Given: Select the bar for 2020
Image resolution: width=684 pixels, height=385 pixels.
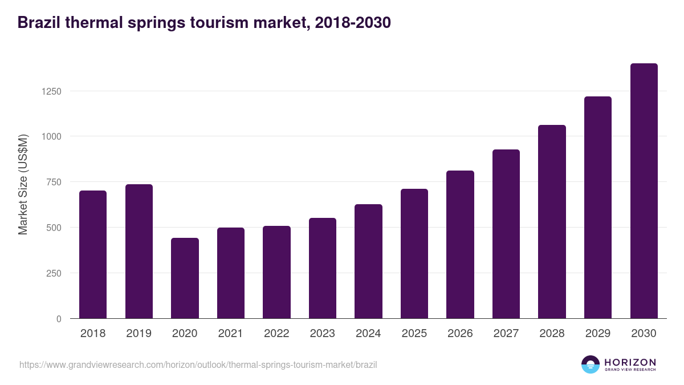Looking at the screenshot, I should (x=185, y=278).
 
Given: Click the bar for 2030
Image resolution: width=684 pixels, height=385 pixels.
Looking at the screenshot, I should (x=644, y=191).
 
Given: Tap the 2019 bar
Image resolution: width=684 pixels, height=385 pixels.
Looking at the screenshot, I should (x=139, y=252).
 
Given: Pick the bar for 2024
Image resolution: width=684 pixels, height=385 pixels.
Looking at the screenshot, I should (x=368, y=261).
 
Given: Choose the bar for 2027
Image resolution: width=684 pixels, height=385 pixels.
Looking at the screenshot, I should (x=506, y=234).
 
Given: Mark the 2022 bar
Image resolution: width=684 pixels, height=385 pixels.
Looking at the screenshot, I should (x=276, y=272).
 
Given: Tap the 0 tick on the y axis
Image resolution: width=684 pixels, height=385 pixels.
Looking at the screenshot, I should (x=59, y=319).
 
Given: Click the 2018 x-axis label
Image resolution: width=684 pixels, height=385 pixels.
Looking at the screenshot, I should (x=93, y=334).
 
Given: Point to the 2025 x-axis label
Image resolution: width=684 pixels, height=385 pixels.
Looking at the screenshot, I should (x=414, y=334).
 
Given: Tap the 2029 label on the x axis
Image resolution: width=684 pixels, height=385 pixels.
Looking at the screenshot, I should (x=597, y=334).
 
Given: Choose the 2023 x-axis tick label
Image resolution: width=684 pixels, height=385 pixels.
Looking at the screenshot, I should (x=322, y=334).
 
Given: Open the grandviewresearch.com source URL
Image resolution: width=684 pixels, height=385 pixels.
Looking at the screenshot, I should (x=198, y=364).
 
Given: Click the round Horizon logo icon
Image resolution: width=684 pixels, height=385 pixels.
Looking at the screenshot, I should (x=591, y=364).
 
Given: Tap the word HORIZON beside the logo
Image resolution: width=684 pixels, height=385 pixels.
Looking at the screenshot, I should (x=630, y=362).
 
